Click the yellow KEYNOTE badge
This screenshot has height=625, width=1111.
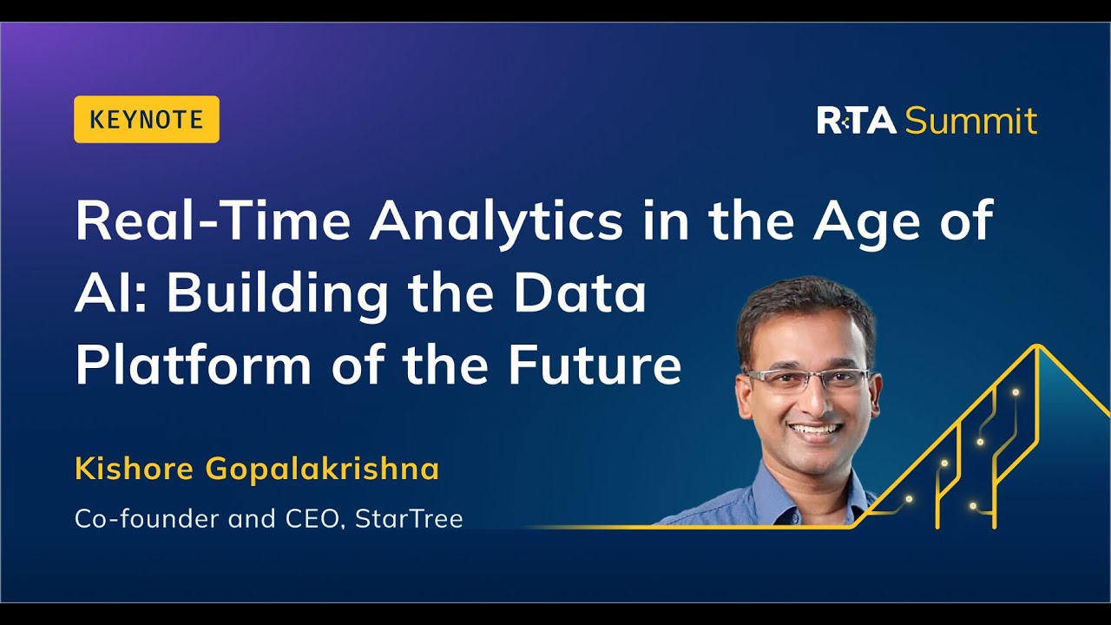146,120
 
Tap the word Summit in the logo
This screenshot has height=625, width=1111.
970,121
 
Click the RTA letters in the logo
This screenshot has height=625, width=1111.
856,121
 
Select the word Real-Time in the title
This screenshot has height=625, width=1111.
213,221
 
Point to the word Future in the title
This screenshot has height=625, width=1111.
595,365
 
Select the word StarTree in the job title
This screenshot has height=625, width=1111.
409,519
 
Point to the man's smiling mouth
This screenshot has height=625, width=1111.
814,429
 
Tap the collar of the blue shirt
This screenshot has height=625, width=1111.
781,486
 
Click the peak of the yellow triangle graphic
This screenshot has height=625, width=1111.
1036,346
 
